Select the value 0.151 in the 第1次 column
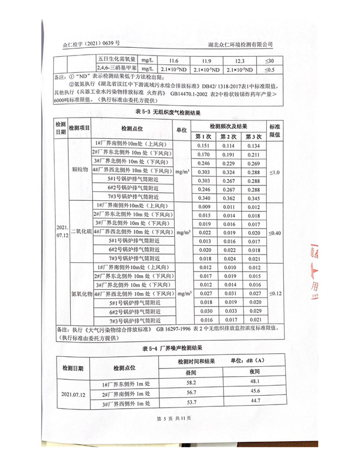(x=203, y=145)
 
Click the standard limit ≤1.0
(x=274, y=172)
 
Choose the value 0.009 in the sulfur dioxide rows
(x=203, y=207)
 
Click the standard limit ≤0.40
(x=274, y=233)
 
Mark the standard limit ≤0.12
(x=274, y=293)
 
